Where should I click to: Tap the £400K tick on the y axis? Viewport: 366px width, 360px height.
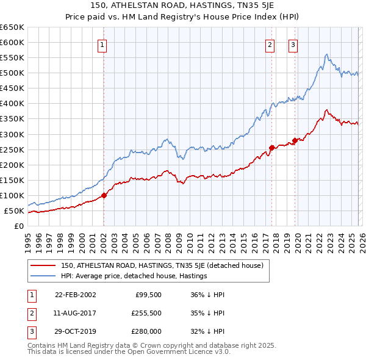click(12, 103)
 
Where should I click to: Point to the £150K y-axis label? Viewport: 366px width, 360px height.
click(12, 180)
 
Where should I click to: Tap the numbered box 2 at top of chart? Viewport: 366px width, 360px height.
click(270, 44)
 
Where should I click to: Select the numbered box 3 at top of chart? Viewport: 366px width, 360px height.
click(293, 44)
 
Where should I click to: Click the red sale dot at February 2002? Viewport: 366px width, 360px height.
click(104, 196)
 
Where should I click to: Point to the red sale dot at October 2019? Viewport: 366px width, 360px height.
click(295, 140)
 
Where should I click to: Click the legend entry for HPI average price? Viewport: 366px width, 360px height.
click(134, 276)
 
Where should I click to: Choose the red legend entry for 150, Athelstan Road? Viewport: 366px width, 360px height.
click(162, 265)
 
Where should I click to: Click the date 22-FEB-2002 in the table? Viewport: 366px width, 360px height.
click(75, 295)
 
